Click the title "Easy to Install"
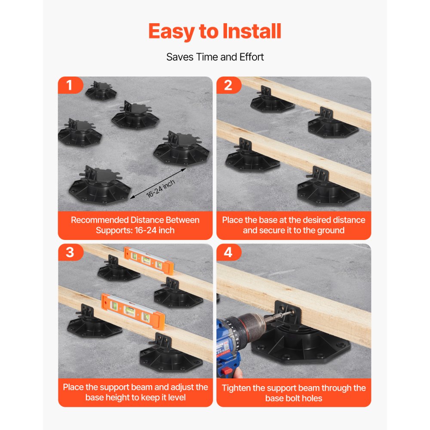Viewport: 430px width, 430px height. (215, 31)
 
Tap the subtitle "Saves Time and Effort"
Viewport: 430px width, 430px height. (215, 57)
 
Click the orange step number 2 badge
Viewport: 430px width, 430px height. (227, 85)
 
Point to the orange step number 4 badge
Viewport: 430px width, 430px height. (227, 252)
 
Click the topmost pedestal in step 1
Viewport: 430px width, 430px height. (101, 91)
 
